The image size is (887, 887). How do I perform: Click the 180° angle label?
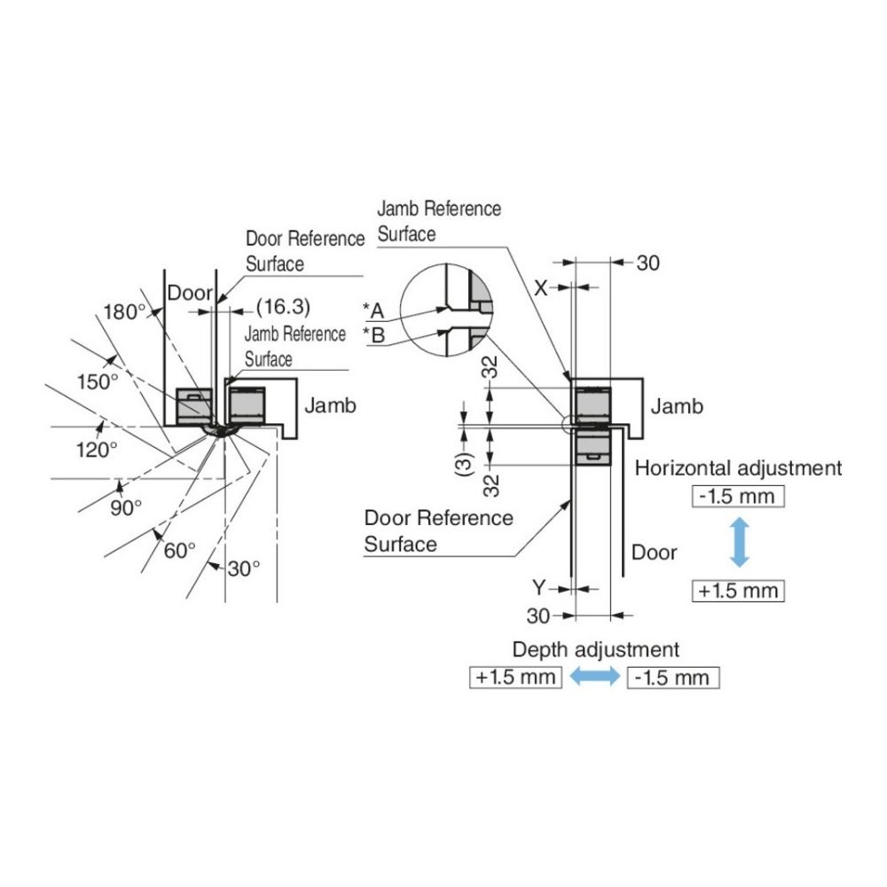[123, 311]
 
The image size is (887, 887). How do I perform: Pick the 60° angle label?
[179, 550]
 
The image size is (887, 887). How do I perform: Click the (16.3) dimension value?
[282, 307]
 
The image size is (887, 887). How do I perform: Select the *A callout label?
[373, 310]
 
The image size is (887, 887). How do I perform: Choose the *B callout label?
[373, 335]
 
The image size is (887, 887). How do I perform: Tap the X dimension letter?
[540, 287]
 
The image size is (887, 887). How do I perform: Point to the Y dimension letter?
[538, 586]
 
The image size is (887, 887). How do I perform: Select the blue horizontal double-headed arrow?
[593, 677]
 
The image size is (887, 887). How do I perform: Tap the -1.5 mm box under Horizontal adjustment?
[737, 496]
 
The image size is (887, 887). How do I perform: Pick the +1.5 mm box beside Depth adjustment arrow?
[515, 678]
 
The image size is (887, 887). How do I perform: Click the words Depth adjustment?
[595, 649]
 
